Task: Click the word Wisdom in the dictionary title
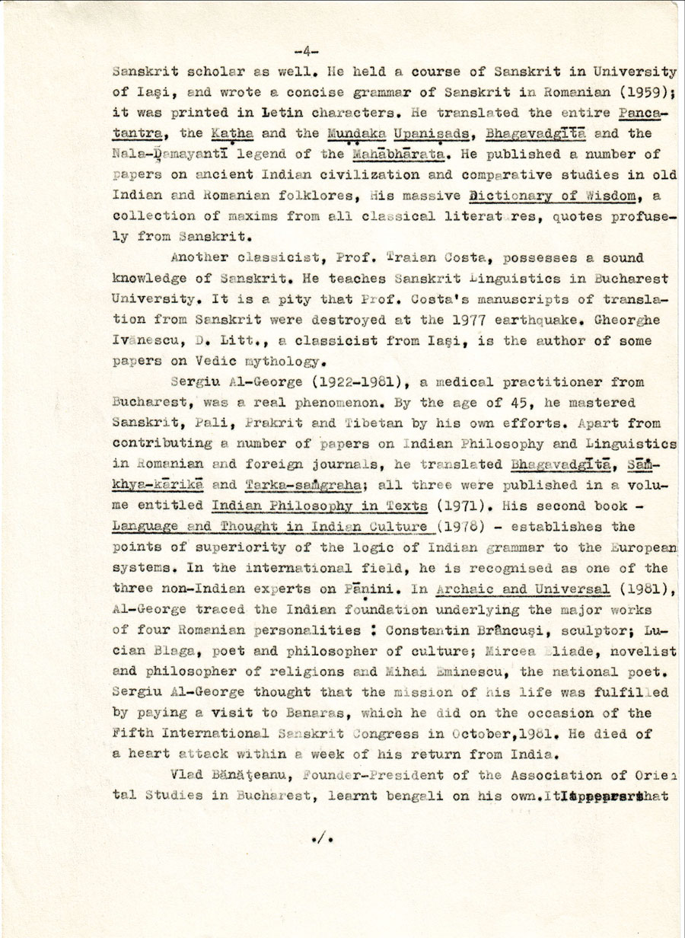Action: (604, 196)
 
